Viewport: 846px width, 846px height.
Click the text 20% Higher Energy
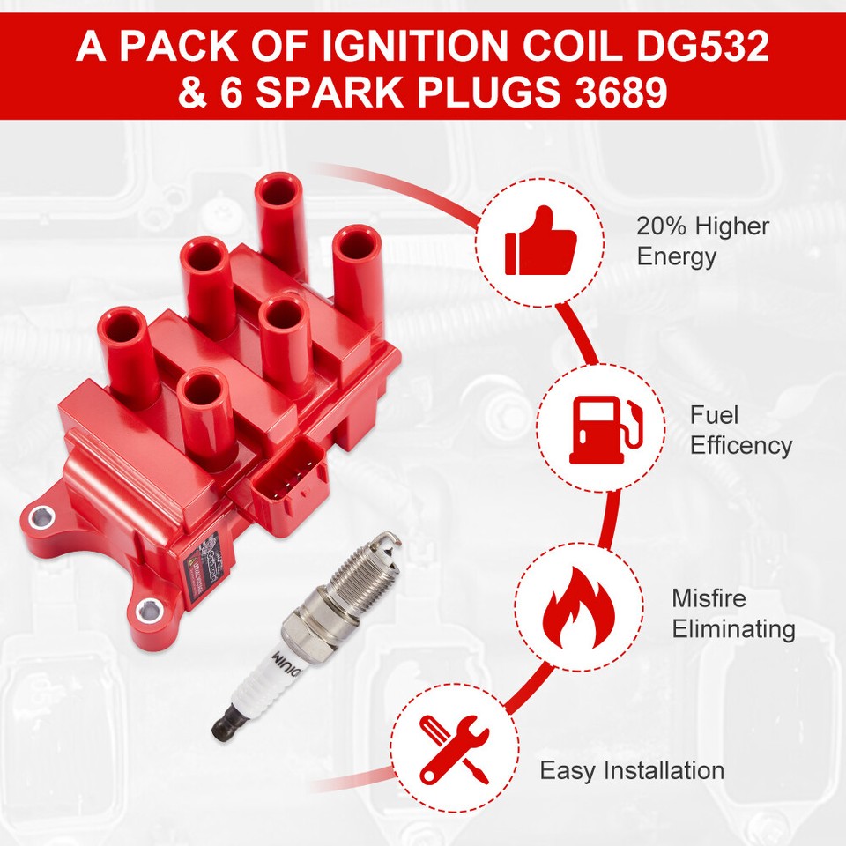[x=702, y=241]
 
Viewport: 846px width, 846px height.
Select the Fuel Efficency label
[x=740, y=430]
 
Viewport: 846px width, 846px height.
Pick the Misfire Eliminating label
[x=733, y=614]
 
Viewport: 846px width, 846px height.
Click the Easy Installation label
[x=632, y=770]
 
